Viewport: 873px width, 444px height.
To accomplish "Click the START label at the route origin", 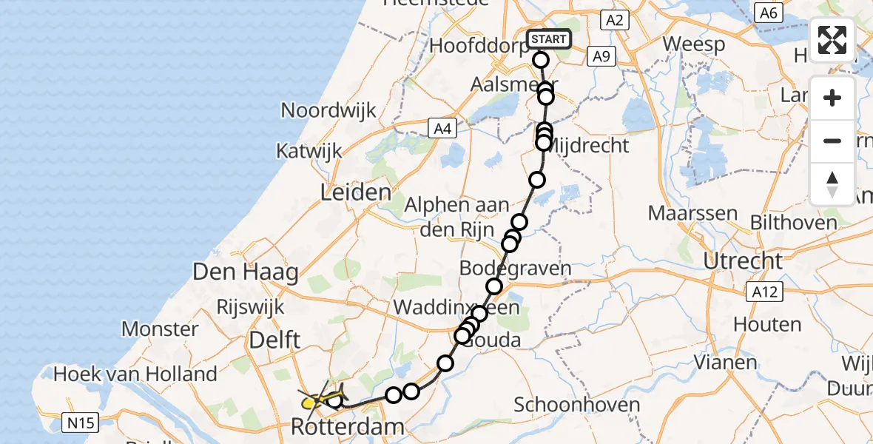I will click(x=548, y=39).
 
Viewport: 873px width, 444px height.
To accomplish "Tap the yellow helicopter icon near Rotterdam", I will click(x=318, y=400).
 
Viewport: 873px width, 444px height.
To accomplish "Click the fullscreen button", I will click(x=832, y=40).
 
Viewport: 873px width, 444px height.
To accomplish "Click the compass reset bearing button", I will click(x=832, y=184).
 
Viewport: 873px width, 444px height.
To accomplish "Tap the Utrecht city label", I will click(x=743, y=261).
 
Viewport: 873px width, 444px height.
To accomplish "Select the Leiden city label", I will click(x=355, y=193).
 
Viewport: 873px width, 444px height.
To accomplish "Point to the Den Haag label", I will click(x=246, y=272).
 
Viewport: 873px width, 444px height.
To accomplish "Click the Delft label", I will click(x=274, y=340).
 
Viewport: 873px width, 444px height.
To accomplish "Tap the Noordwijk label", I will click(x=328, y=111).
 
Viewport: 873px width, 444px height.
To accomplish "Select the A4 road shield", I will click(x=442, y=129).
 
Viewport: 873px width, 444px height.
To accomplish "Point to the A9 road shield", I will click(x=600, y=56).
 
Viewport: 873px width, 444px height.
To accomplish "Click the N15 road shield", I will click(x=79, y=423).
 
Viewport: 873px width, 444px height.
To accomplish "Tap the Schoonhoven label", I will click(x=576, y=405).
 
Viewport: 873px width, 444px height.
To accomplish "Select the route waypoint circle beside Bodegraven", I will click(x=494, y=286).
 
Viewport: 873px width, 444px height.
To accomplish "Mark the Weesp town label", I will click(x=693, y=44).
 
